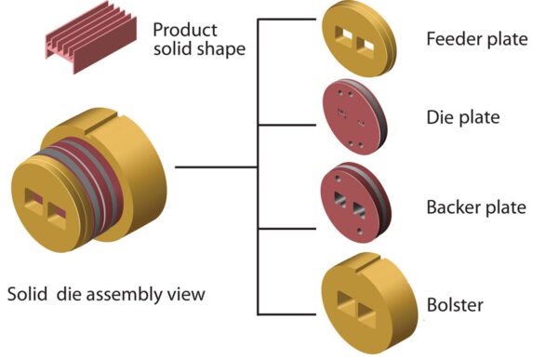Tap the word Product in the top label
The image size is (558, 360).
(186, 28)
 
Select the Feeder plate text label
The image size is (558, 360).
(476, 39)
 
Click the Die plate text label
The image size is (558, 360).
(463, 117)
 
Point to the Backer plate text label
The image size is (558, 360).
(475, 206)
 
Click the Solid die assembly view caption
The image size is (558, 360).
(106, 295)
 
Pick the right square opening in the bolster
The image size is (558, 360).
(367, 306)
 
